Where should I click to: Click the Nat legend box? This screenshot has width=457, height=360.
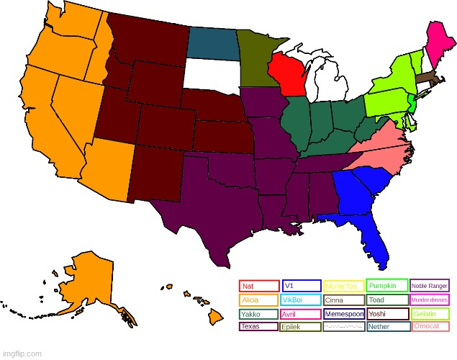click(x=259, y=286)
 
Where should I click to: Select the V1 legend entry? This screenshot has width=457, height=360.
click(x=301, y=286)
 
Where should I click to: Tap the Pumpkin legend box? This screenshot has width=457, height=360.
click(x=387, y=285)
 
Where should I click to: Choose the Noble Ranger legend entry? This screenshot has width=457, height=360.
click(x=430, y=286)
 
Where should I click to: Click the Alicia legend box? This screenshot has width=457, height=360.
click(x=259, y=300)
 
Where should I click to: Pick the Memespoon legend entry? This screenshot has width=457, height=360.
click(x=344, y=314)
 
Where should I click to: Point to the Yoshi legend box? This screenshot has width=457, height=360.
click(x=387, y=314)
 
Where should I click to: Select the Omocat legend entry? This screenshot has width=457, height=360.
click(x=430, y=327)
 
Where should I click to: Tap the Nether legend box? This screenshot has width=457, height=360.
click(x=387, y=327)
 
